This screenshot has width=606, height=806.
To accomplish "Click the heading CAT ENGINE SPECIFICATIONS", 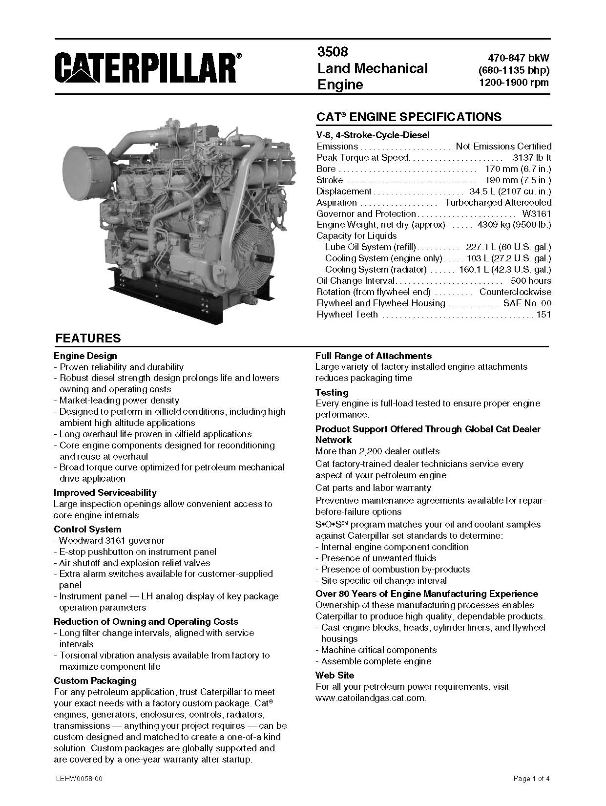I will click(409, 117).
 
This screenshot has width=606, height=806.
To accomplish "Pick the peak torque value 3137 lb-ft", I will click(532, 158).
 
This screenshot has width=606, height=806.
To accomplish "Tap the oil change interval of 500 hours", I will click(531, 281).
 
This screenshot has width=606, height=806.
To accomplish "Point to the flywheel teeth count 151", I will click(543, 315).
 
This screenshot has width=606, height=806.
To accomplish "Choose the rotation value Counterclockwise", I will click(515, 292).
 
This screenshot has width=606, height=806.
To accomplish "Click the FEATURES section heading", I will click(88, 339).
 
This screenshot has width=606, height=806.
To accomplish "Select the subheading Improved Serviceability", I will click(105, 492).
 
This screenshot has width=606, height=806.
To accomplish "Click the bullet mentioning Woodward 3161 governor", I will click(112, 541).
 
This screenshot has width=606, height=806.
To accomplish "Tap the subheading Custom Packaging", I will click(95, 680).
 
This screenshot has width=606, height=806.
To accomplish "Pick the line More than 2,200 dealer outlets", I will click(377, 451).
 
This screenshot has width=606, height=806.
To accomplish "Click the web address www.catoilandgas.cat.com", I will click(371, 698).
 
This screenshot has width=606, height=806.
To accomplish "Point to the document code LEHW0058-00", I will click(79, 779).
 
